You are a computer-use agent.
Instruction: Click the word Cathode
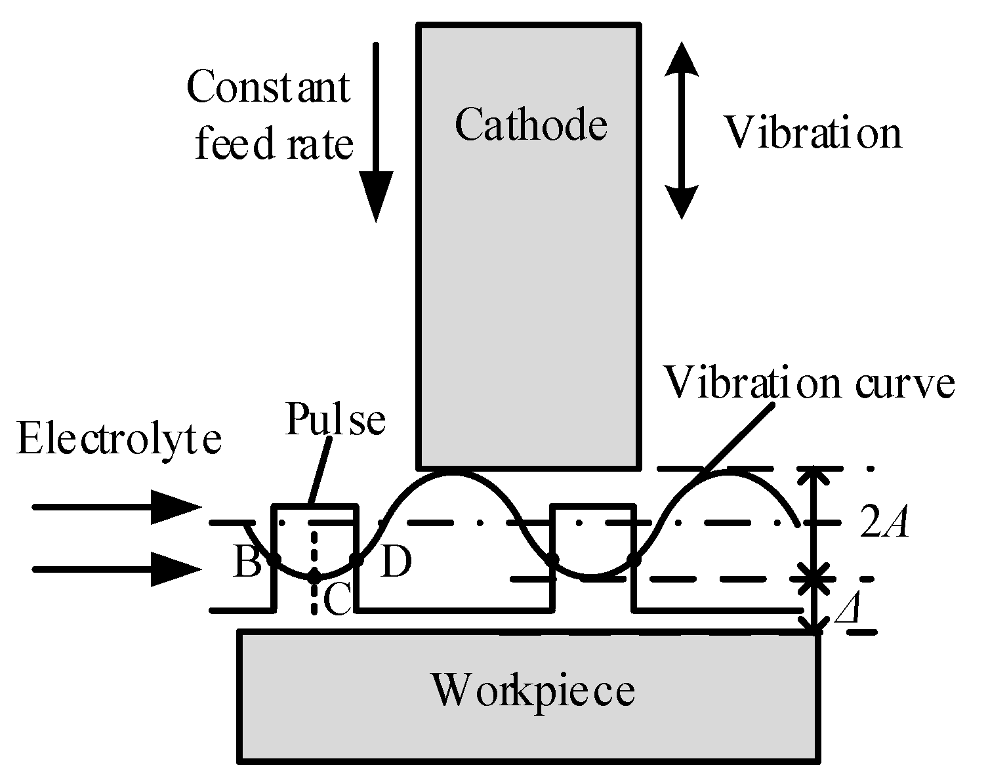(531, 125)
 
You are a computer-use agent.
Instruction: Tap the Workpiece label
(532, 690)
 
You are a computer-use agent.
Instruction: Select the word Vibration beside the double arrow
(812, 133)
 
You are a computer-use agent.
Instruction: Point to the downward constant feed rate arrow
(376, 131)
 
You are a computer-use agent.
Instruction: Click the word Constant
(268, 87)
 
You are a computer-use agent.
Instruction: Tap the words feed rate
(274, 144)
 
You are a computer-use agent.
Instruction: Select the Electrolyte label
(119, 439)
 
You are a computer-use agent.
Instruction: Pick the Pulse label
(335, 420)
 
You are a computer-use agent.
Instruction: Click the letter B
(247, 563)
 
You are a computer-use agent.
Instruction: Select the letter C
(339, 601)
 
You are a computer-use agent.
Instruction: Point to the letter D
(395, 563)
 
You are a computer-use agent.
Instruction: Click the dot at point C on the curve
(315, 577)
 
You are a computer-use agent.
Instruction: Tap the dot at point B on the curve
(274, 560)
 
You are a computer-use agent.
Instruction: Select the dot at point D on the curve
(356, 560)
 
